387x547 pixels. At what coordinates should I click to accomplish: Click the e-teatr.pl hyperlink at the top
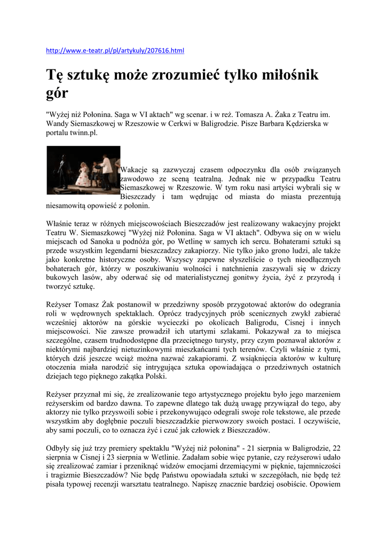click(115, 51)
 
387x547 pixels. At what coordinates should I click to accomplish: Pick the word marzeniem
click(318, 396)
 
